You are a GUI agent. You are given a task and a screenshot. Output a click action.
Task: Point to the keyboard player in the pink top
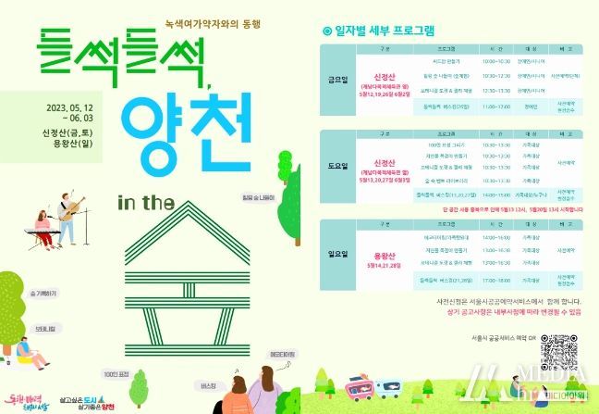pos(41,233)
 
